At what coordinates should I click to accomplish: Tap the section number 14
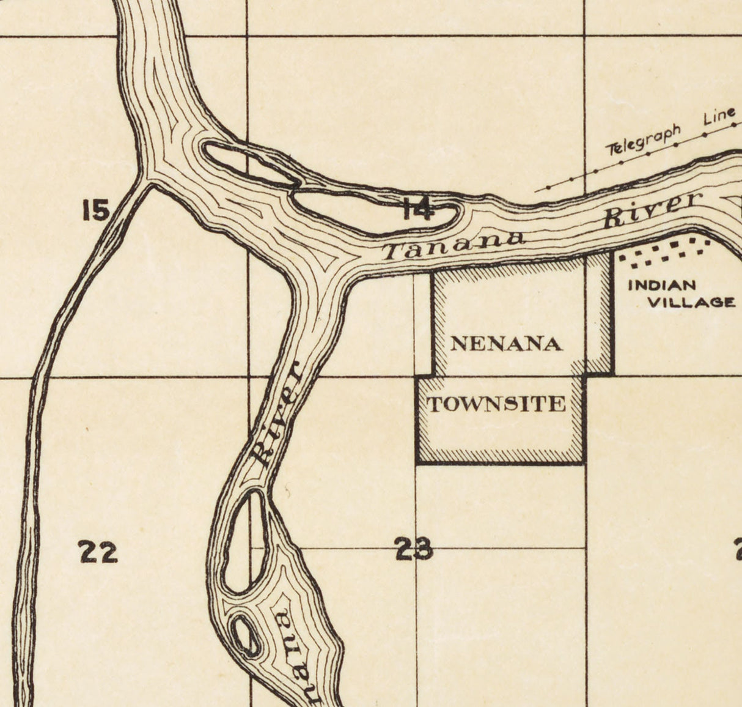point(419,210)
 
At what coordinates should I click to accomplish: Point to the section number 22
point(98,552)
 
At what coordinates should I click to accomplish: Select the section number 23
point(414,549)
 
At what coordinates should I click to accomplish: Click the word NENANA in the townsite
point(506,344)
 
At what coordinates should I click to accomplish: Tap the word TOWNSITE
point(496,404)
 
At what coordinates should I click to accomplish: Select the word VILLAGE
point(691,302)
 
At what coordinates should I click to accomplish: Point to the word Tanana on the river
point(453,244)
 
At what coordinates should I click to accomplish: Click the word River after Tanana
point(651,209)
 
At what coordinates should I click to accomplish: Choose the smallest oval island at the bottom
point(246,636)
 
